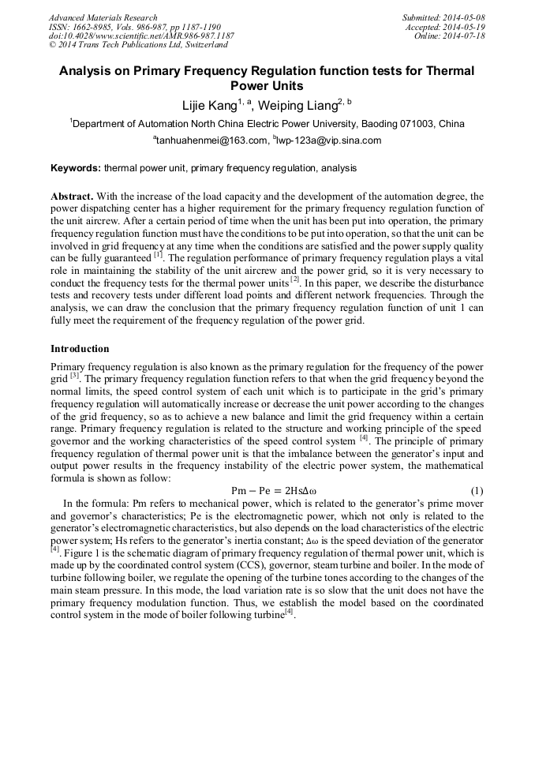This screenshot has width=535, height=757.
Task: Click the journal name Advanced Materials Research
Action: [x=103, y=17]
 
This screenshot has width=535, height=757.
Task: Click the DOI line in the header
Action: [x=140, y=36]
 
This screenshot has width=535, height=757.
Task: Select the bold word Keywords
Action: [x=76, y=168]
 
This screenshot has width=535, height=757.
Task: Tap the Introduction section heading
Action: [x=80, y=349]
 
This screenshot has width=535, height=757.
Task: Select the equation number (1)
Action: [x=477, y=491]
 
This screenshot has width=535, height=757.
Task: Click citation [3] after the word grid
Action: [x=75, y=376]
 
